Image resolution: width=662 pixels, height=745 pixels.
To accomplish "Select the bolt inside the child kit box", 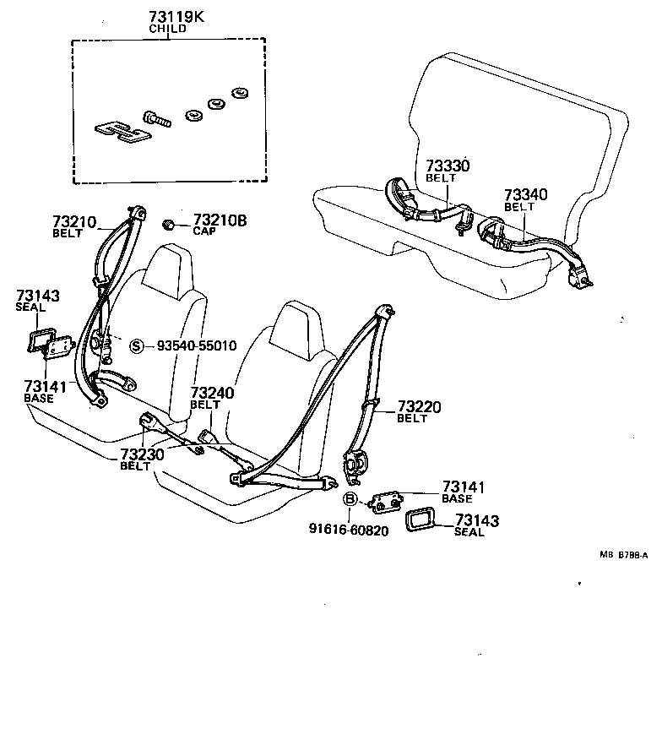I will pos(158,118).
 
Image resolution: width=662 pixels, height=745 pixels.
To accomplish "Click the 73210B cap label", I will pos(220,220).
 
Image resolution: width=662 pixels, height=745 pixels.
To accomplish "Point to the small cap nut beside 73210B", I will pos(169,224).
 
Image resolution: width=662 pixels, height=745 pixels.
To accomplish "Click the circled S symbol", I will pos(136,345).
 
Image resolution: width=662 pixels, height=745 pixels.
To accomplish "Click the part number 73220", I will pos(419,407).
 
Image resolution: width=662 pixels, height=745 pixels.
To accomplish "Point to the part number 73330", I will pos(447,166).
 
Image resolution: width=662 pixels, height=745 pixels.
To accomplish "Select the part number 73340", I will pos(525,195).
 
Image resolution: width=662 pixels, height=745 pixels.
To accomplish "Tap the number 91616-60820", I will pos(349,531).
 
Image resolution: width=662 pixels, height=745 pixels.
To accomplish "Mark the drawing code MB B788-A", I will pos(623,555).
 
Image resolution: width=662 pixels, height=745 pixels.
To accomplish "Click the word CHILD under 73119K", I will pos(168,28).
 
